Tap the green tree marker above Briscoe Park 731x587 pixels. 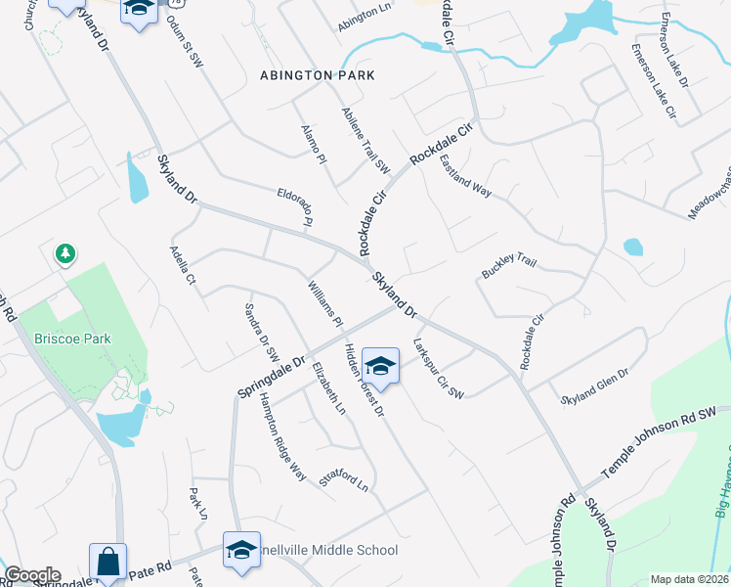click(x=65, y=254)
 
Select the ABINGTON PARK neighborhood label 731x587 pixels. click(x=318, y=75)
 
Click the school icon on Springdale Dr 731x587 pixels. click(x=380, y=366)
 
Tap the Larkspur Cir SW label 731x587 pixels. click(x=437, y=369)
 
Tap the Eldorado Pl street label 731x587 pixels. click(x=293, y=206)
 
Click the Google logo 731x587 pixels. click(x=32, y=574)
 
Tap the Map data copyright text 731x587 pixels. click(x=689, y=579)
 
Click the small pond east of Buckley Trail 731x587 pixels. click(x=632, y=247)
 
